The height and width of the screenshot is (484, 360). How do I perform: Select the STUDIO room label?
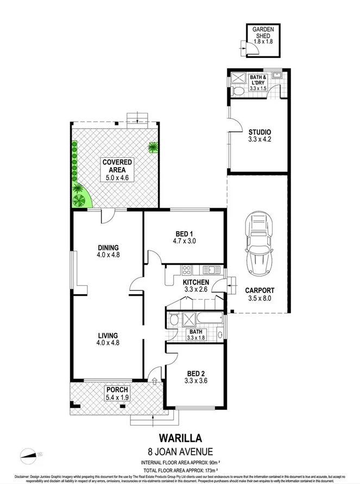tap(260, 132)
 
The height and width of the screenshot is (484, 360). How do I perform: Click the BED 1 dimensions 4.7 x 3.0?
tap(184, 242)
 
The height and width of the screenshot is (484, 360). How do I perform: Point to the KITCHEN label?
tap(195, 283)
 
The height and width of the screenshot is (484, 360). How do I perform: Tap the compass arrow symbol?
tap(31, 454)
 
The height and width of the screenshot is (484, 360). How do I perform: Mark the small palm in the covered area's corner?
tap(153, 146)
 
